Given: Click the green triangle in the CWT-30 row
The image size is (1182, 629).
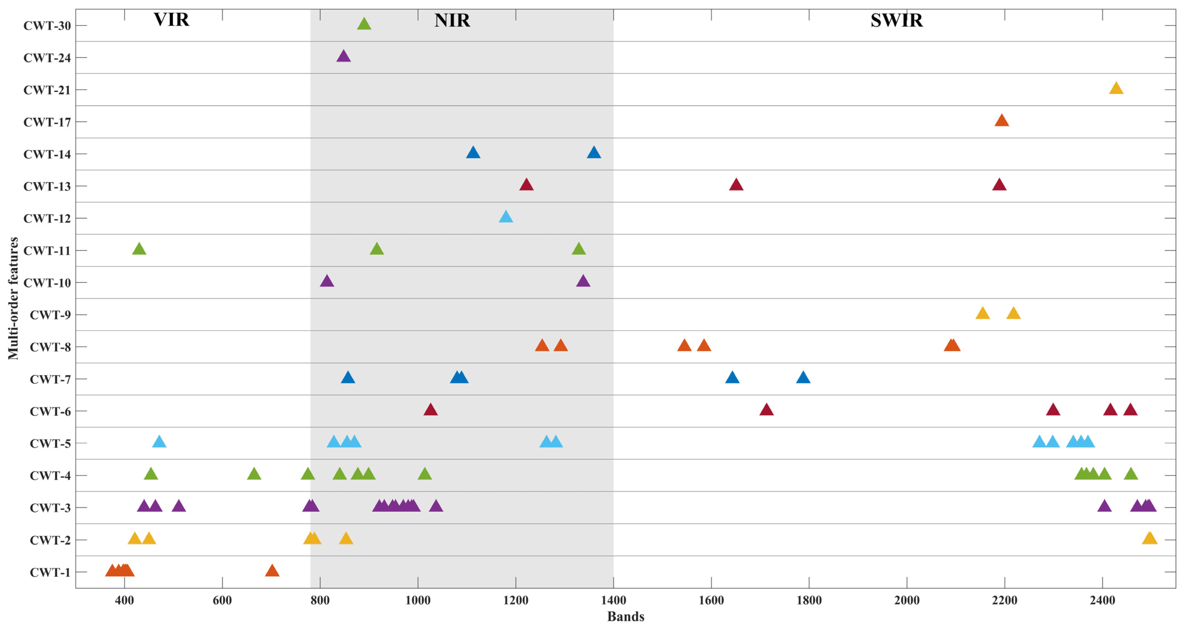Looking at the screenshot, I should pyautogui.click(x=364, y=24).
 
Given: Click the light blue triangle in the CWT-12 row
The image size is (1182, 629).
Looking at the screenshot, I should pyautogui.click(x=506, y=217).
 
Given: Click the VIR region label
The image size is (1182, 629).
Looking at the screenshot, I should pyautogui.click(x=171, y=20).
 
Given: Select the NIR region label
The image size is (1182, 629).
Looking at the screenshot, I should pyautogui.click(x=452, y=21).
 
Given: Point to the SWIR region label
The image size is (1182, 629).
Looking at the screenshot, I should pyautogui.click(x=896, y=21).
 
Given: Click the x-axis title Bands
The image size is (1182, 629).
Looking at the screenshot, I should pyautogui.click(x=625, y=617).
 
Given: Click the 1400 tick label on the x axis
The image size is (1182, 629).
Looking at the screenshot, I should pyautogui.click(x=613, y=600).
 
